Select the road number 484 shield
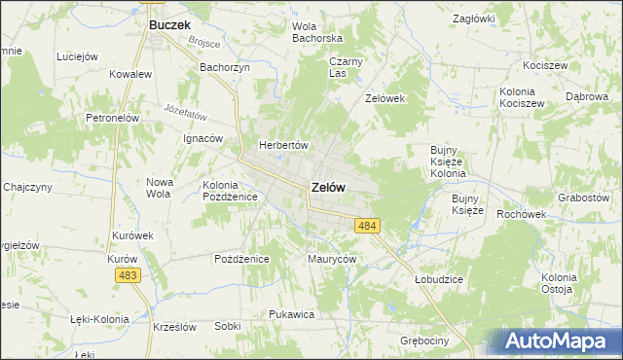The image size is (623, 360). tap(367, 226)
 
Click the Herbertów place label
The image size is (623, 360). tap(282, 145)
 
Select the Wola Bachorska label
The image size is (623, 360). tap(317, 32)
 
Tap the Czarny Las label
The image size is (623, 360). tap(345, 67)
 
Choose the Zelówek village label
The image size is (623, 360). tap(384, 99)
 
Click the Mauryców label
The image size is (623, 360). tap(332, 259)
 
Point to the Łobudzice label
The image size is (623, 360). tap(438, 279)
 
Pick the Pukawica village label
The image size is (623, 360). tap(290, 315)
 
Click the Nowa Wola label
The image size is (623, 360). tap(159, 188)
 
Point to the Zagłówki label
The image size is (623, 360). tap(475, 18)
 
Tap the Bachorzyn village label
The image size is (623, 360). tap(225, 67)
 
